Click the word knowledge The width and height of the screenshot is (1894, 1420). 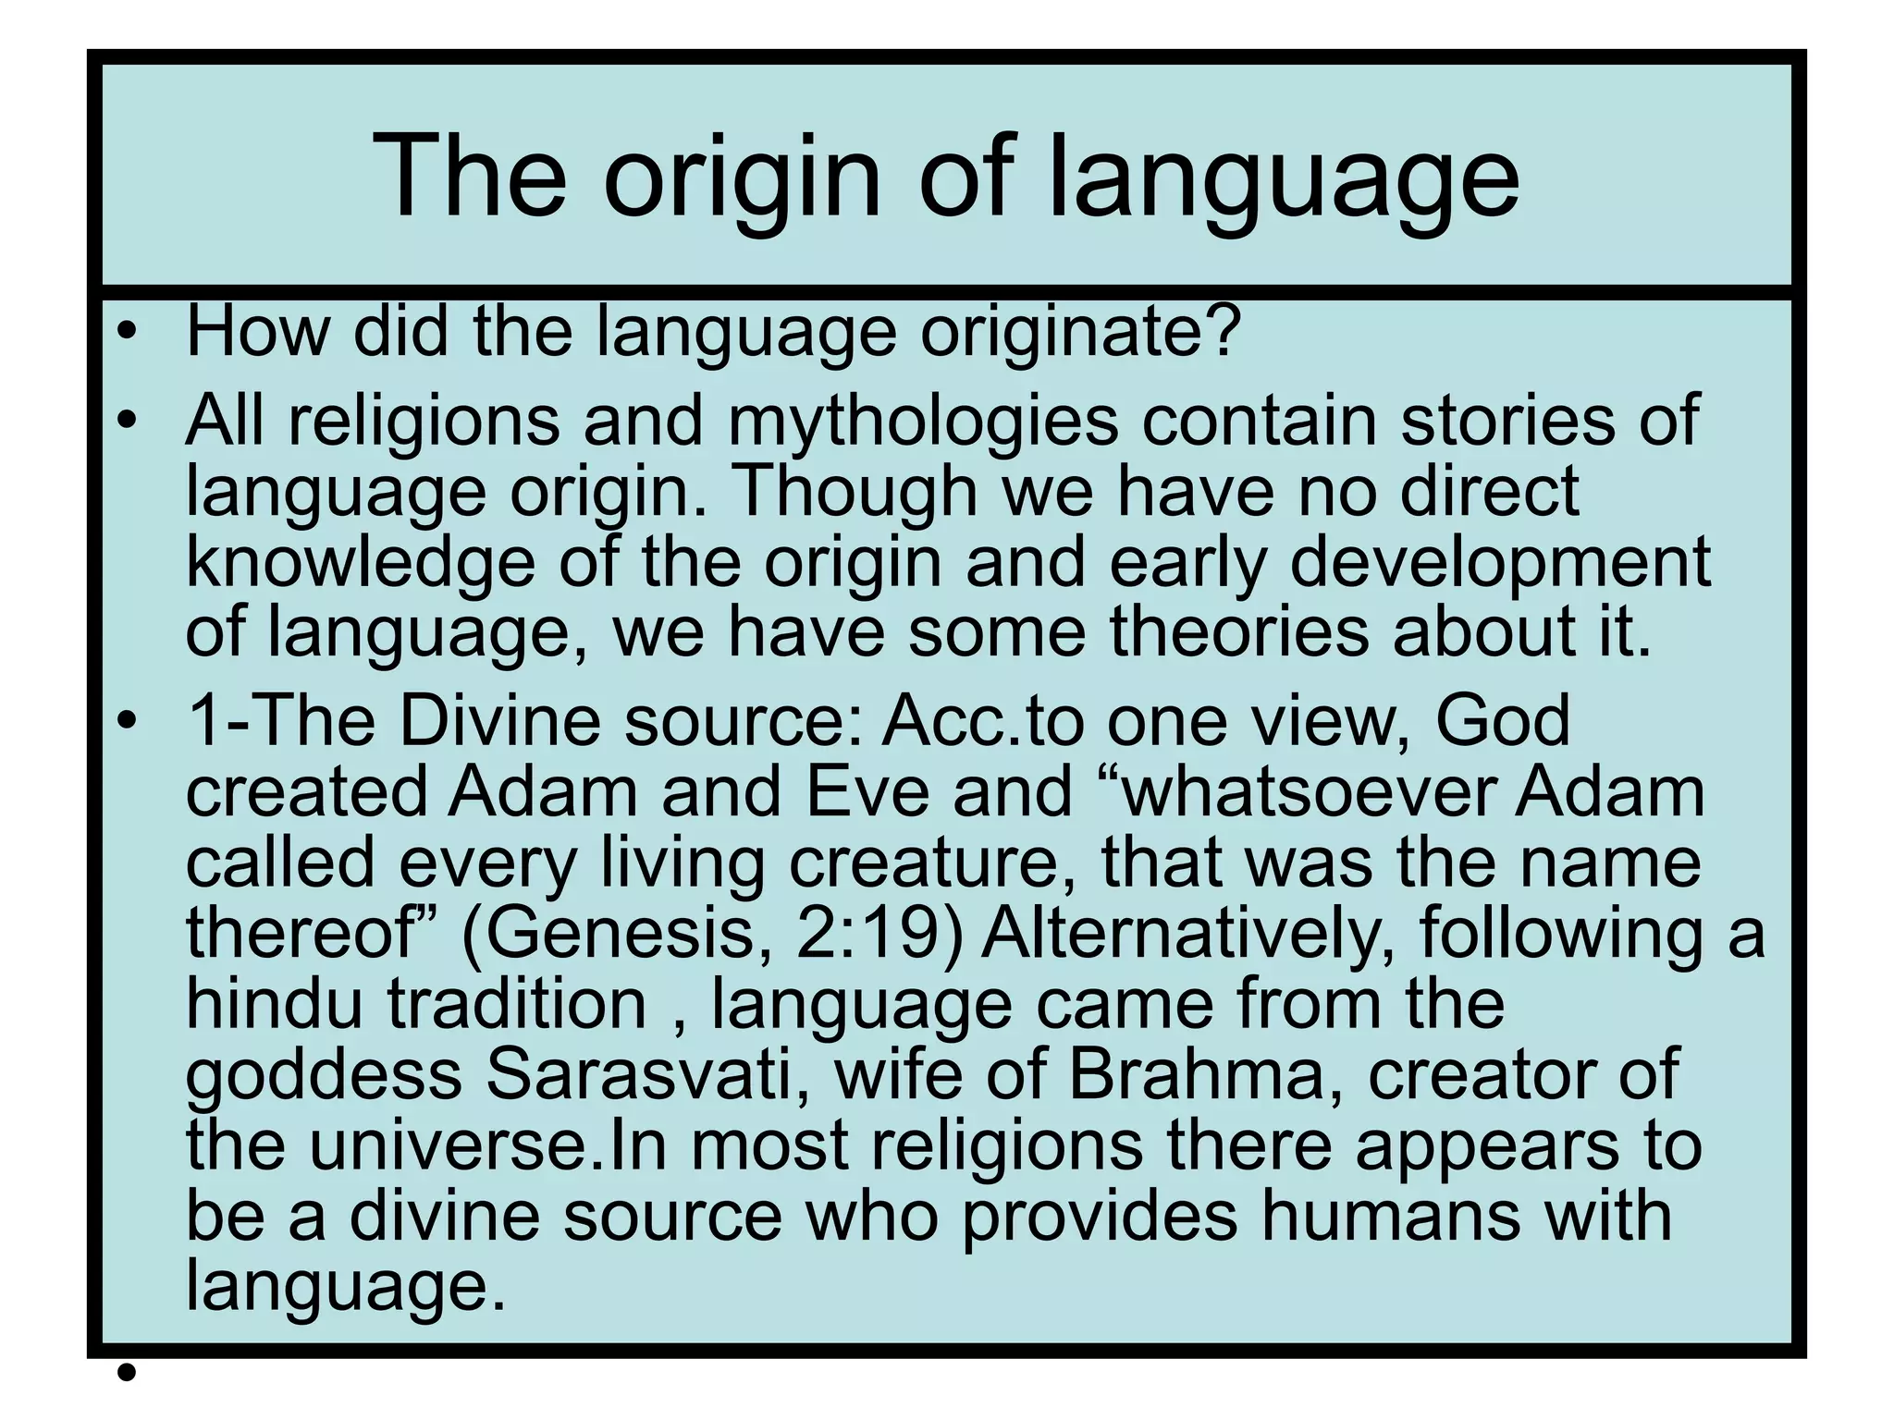point(361,562)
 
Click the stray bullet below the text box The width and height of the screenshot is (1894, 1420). point(128,1373)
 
